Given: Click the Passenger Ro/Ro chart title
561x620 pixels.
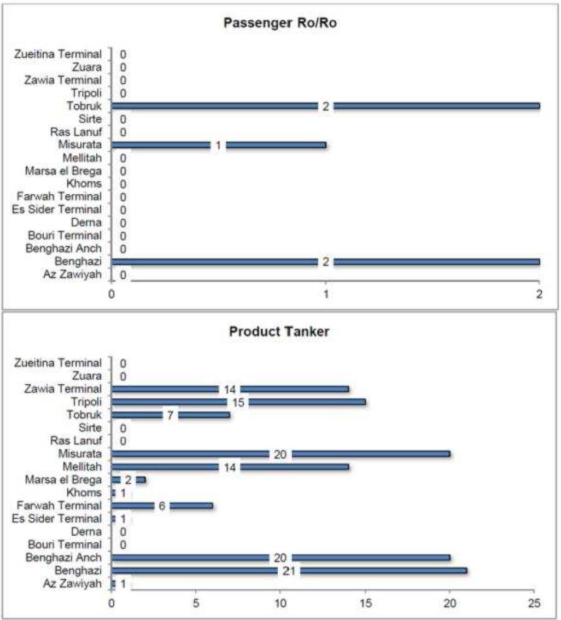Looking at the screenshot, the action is [x=280, y=23].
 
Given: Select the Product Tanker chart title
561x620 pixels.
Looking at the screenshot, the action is [x=279, y=332].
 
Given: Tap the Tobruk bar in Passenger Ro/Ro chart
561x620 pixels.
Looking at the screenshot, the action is [x=325, y=106].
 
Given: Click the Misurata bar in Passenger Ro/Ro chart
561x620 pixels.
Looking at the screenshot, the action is [x=219, y=145].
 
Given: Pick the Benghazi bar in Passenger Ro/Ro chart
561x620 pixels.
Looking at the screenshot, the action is [x=325, y=262].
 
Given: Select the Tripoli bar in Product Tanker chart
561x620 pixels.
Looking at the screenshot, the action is [x=238, y=403].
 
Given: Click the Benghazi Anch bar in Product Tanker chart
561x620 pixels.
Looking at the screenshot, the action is [x=280, y=558].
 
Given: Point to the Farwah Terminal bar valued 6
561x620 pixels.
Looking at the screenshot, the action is [x=162, y=506].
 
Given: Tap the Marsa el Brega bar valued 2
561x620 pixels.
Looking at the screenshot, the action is [x=128, y=480].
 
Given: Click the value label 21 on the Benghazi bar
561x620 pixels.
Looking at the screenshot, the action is [x=289, y=571].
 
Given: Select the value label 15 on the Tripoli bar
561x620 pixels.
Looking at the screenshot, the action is [x=238, y=403].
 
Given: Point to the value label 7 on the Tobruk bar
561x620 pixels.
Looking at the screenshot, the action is [x=170, y=415].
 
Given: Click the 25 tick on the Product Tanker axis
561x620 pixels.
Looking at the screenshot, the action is [x=534, y=603].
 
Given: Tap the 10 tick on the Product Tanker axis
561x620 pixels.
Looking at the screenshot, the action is [x=280, y=603].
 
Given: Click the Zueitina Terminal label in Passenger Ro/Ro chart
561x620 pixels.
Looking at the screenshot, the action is [x=58, y=54].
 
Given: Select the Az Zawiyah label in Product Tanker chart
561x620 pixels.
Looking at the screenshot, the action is [x=72, y=584].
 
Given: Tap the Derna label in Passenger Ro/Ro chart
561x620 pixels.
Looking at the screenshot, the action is [x=86, y=223].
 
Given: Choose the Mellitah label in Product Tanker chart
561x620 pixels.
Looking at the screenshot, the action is [x=82, y=467].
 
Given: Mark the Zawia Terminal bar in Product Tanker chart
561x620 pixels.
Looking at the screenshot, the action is [x=230, y=390].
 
